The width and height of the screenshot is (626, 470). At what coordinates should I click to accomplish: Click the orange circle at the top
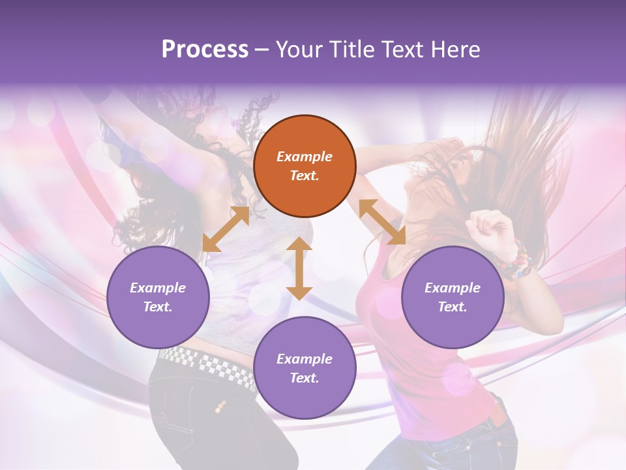click(x=305, y=166)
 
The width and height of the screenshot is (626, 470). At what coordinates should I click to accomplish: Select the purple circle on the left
click(x=158, y=297)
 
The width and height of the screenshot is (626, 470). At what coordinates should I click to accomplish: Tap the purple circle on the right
click(x=453, y=297)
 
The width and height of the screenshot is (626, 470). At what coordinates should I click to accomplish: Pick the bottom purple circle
click(x=305, y=368)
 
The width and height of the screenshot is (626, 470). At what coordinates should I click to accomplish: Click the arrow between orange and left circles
click(x=226, y=229)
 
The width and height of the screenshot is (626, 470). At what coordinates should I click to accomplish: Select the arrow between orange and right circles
click(x=382, y=222)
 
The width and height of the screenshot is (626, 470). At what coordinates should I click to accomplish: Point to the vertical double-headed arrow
click(x=299, y=268)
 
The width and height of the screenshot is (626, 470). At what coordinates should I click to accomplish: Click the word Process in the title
click(x=205, y=49)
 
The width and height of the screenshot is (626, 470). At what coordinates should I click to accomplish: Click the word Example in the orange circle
click(x=305, y=157)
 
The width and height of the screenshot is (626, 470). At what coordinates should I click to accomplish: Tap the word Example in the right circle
click(x=453, y=288)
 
